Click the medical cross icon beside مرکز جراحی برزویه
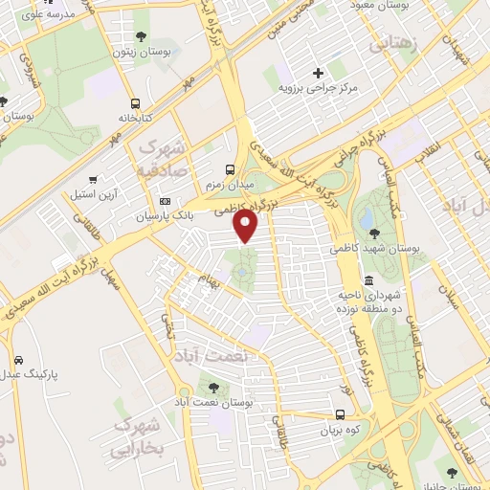319,73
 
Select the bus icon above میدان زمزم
227,166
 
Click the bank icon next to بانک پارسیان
166,202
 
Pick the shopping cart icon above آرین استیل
93,179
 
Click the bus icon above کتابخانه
134,103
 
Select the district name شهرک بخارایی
139,434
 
